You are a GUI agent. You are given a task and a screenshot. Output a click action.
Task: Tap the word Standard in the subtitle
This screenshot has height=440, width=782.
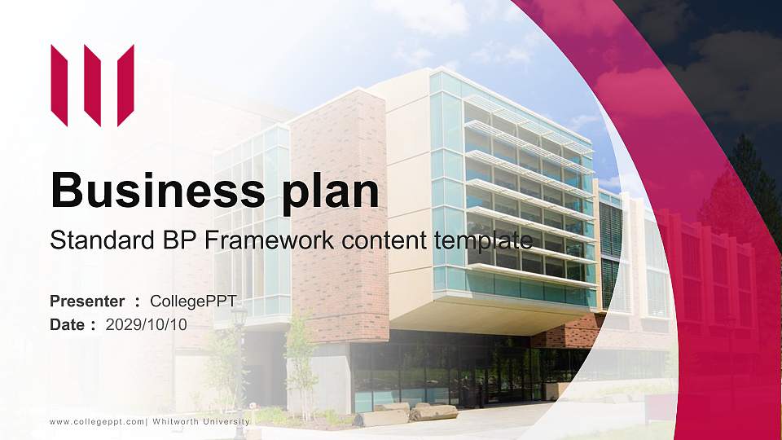99,240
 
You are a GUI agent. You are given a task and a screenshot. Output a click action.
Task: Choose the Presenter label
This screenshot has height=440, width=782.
87,301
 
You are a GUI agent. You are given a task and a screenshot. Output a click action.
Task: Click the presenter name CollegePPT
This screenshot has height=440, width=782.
193,301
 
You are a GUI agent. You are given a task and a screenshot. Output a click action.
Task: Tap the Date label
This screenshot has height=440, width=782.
68,324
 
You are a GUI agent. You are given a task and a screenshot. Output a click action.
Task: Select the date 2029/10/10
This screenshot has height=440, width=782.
147,324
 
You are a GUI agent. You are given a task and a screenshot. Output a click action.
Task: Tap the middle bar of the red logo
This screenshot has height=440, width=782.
92,86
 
